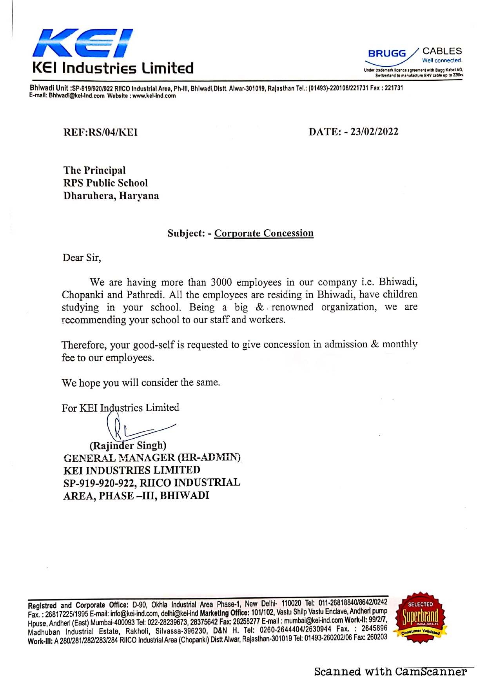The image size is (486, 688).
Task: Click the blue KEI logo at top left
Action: tap(83, 43)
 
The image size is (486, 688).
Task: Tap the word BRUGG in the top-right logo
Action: tap(387, 54)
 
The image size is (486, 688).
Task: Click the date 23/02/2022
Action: tap(374, 132)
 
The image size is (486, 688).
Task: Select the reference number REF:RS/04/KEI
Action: tap(100, 133)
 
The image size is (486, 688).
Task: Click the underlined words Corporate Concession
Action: tap(264, 233)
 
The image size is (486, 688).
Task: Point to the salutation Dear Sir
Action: tap(82, 258)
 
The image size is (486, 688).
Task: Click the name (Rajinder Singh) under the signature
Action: tap(128, 446)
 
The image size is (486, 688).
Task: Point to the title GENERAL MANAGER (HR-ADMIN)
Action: tap(152, 458)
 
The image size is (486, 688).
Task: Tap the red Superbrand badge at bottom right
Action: tap(421, 618)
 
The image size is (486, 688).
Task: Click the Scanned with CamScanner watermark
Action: tap(390, 672)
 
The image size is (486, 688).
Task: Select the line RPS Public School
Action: tap(105, 183)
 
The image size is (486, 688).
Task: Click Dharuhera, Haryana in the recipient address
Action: tap(111, 196)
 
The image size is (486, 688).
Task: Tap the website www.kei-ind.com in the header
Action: tap(154, 96)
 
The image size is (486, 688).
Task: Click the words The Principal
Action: tap(94, 171)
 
